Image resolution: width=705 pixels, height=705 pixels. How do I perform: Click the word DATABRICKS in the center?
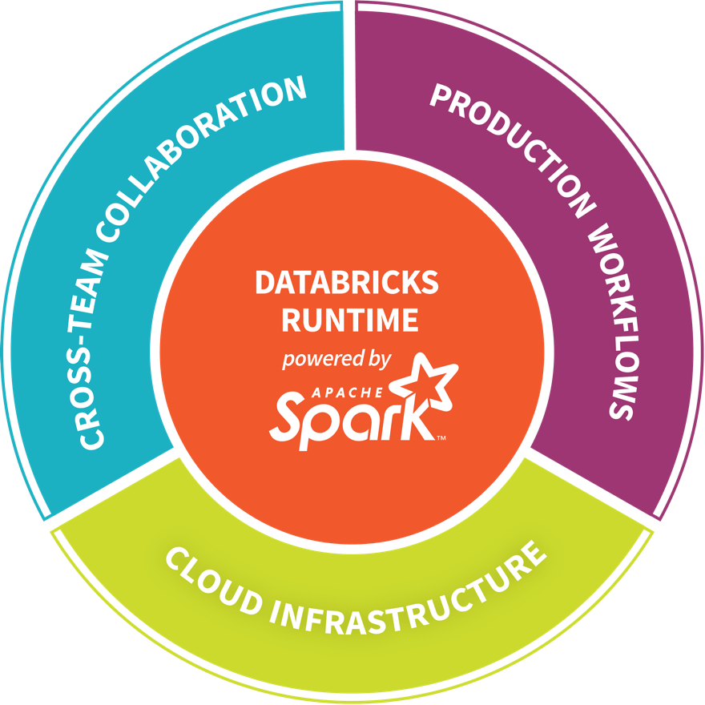(346, 283)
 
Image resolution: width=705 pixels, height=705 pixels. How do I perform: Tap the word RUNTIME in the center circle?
(349, 320)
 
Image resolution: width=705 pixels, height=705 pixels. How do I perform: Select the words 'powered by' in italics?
(336, 358)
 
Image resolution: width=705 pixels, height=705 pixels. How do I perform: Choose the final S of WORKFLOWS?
(619, 406)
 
